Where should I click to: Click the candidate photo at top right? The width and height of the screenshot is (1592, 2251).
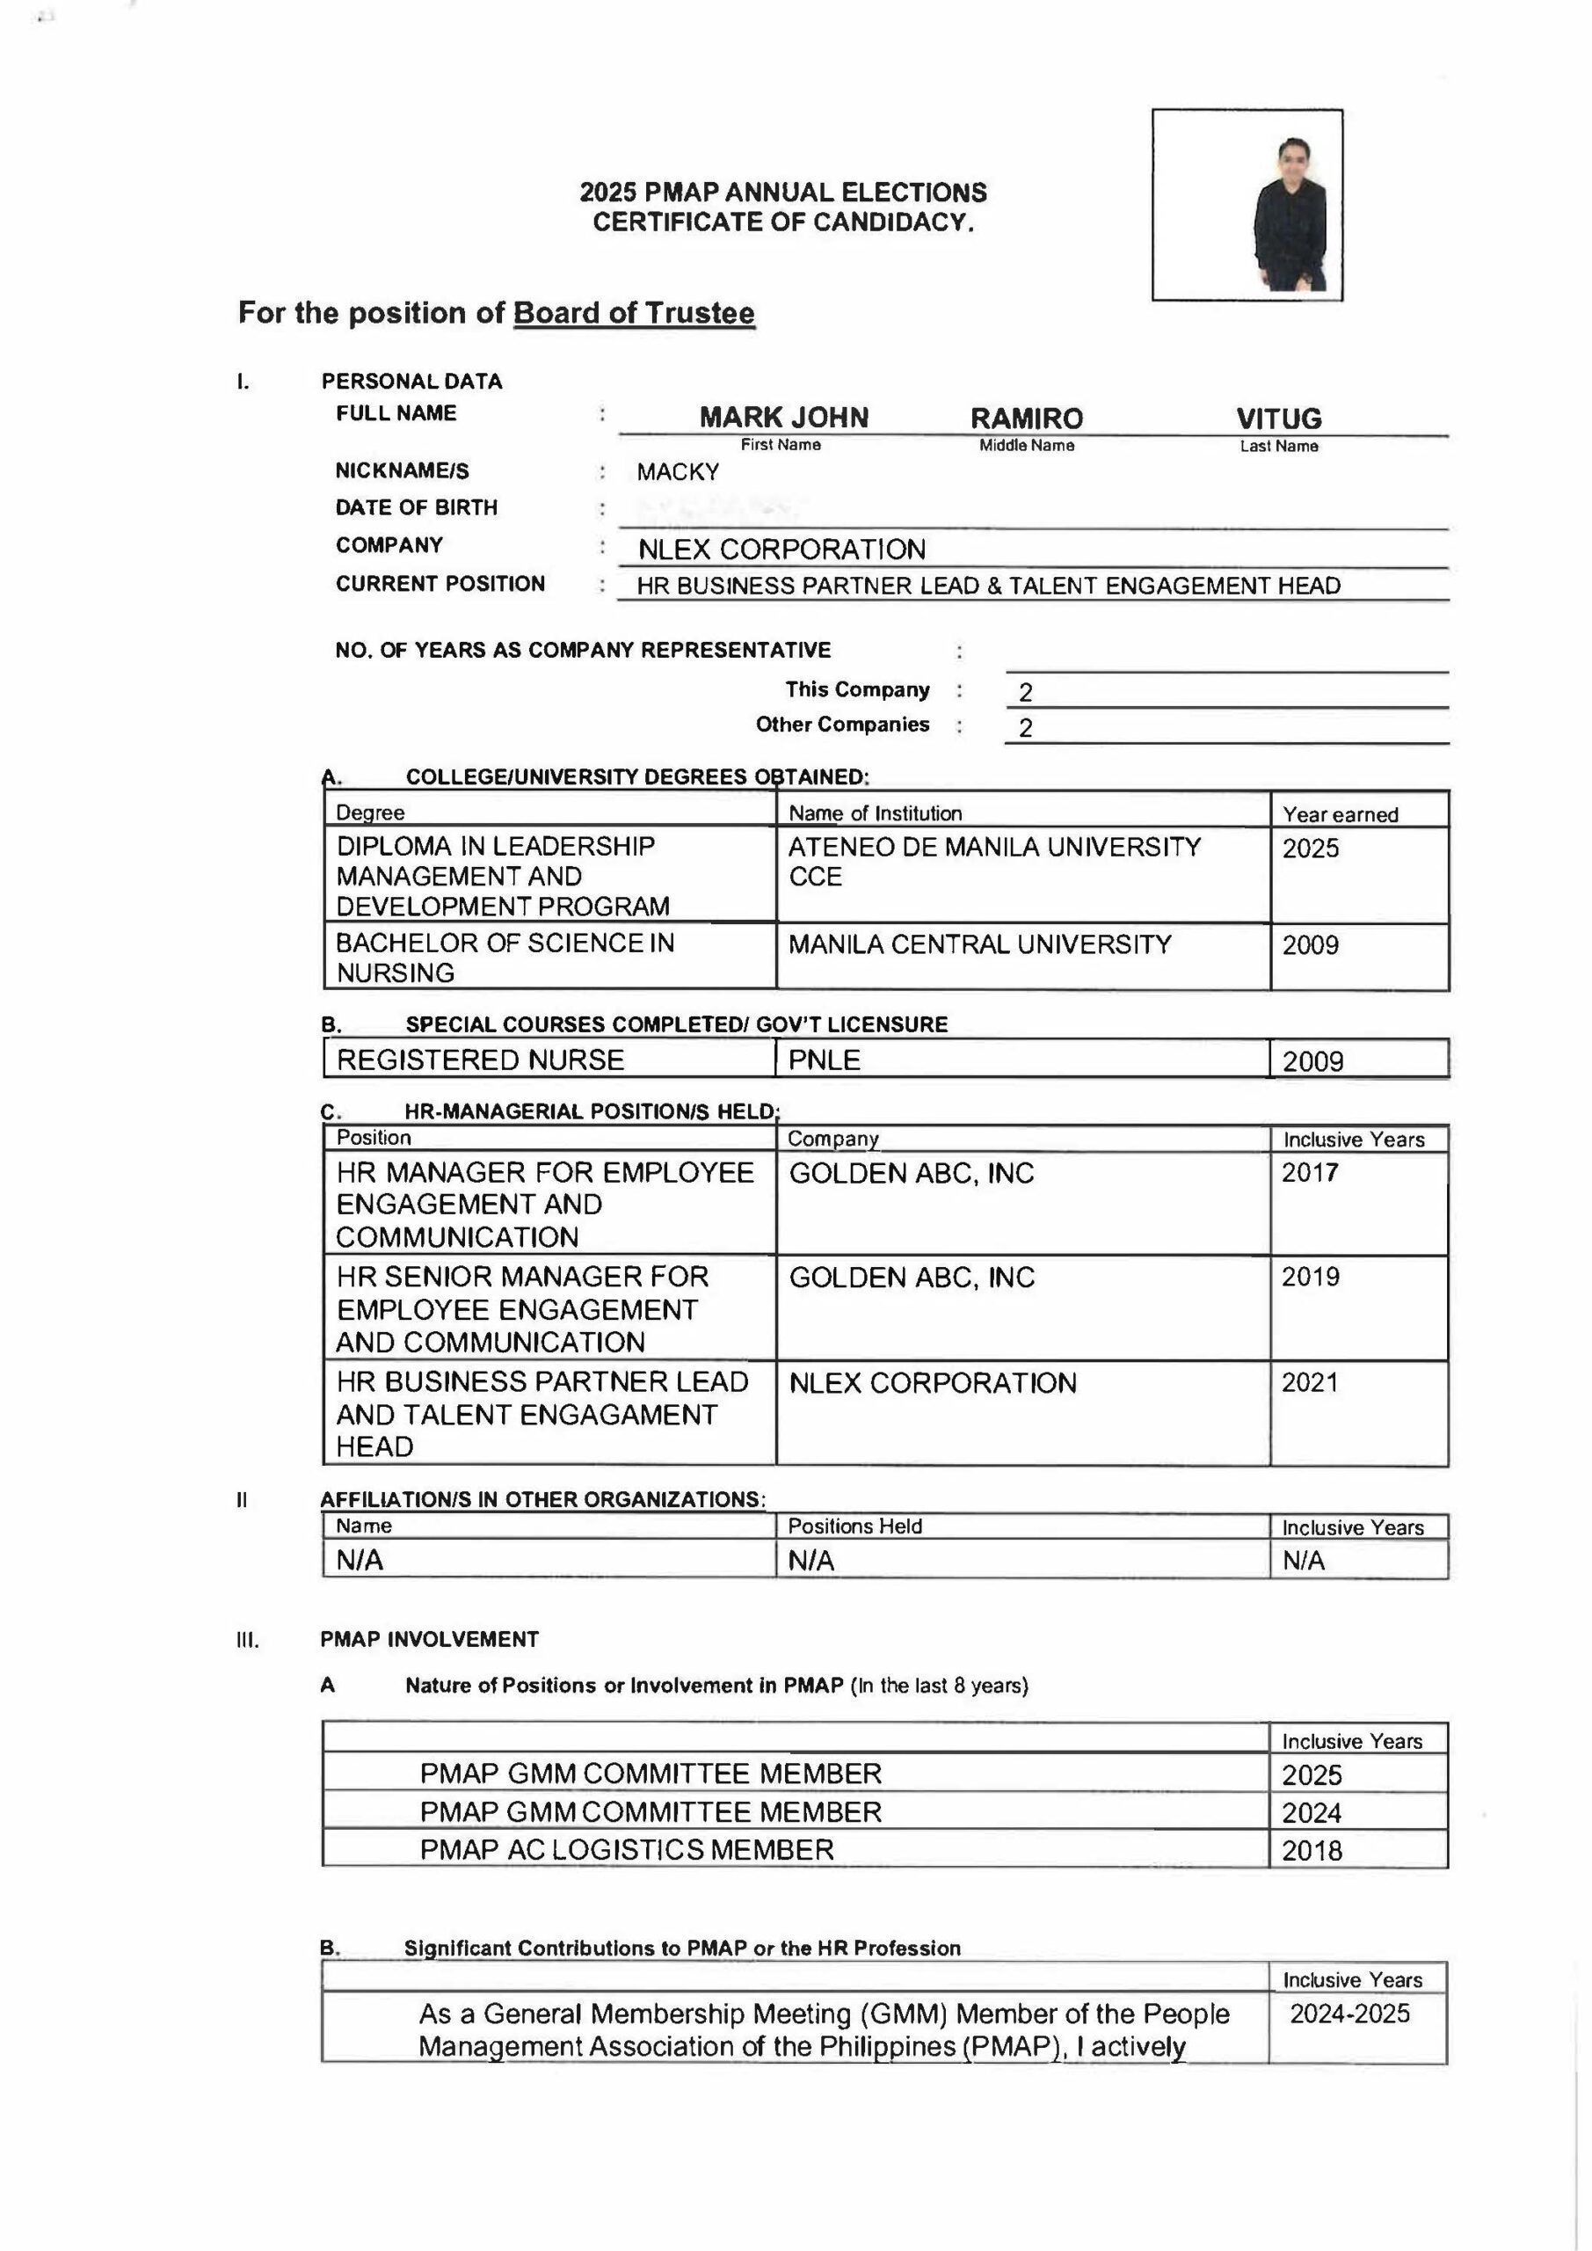(1247, 204)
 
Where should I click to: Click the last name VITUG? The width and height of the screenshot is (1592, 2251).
(1278, 419)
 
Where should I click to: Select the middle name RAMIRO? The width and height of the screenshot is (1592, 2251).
(1027, 419)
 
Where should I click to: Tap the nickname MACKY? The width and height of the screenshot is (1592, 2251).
(678, 471)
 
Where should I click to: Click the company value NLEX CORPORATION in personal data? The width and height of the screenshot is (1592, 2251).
(781, 549)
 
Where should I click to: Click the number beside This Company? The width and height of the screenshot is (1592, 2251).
(1025, 692)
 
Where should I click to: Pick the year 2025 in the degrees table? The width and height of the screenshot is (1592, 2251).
(1311, 848)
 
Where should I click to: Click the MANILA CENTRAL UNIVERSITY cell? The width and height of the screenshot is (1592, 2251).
(979, 944)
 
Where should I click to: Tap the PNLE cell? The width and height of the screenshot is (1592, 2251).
(825, 1060)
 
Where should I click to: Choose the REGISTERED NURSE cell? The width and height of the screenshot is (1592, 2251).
(480, 1060)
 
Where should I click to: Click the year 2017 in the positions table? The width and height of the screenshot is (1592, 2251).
(1310, 1173)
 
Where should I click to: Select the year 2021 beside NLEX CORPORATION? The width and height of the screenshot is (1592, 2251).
(1310, 1382)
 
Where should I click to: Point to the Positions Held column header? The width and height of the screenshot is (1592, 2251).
(854, 1526)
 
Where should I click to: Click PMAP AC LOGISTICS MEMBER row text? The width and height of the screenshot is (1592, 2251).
(627, 1850)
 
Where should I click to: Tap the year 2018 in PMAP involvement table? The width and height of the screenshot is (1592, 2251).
(1312, 1851)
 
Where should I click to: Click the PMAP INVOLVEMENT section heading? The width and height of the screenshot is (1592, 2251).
(429, 1639)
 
